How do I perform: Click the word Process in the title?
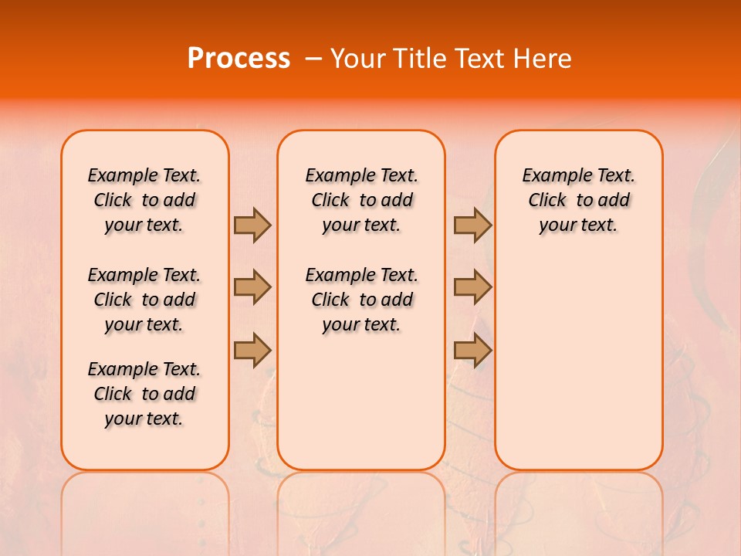click(x=239, y=59)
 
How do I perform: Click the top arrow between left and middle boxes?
click(x=252, y=225)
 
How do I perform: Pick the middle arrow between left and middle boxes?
click(x=252, y=287)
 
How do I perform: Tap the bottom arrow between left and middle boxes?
click(x=252, y=350)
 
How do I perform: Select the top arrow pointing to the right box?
click(x=472, y=225)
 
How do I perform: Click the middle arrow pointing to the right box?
click(x=472, y=287)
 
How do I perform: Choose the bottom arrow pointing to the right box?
click(x=472, y=350)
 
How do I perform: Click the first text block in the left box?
click(x=144, y=200)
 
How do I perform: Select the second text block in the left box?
click(x=144, y=300)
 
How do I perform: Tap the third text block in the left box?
click(x=144, y=394)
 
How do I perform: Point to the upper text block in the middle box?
click(x=361, y=200)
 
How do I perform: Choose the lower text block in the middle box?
click(x=361, y=300)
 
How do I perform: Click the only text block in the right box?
click(x=579, y=200)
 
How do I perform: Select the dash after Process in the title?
click(x=313, y=59)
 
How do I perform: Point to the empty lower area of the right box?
click(x=579, y=363)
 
